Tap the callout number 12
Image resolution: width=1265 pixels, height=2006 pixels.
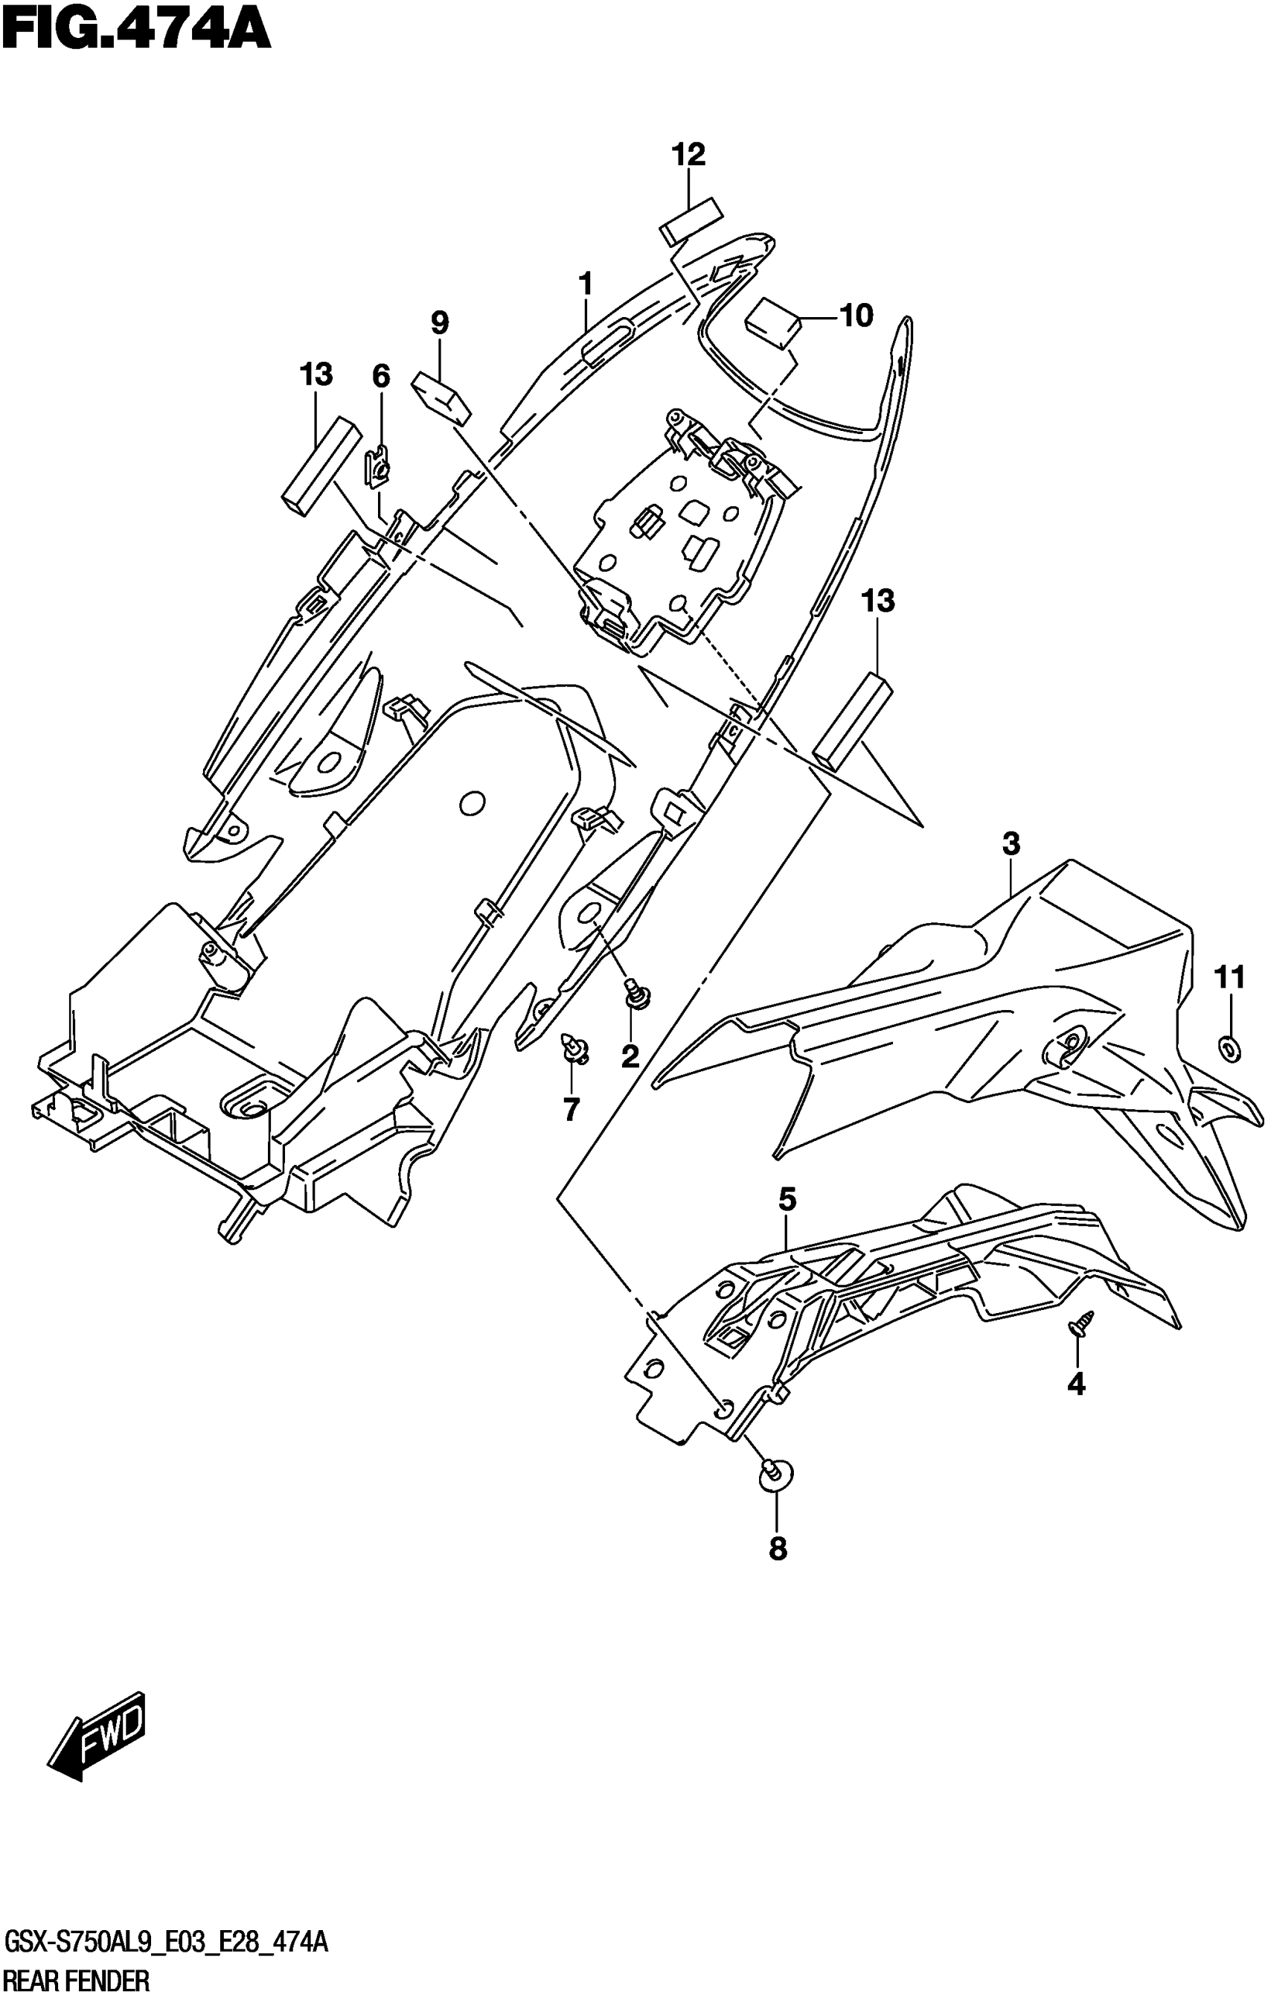(x=689, y=154)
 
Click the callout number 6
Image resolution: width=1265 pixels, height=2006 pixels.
(x=380, y=377)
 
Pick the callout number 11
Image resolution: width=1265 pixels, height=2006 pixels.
(x=1230, y=977)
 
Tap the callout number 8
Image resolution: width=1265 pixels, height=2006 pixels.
(x=777, y=1549)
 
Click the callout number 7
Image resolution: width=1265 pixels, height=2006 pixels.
(x=571, y=1110)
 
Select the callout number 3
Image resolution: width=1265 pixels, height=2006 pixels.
(x=1011, y=845)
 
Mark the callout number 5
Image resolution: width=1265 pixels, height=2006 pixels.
(x=787, y=1201)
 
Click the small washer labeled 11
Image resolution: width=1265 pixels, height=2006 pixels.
(x=1230, y=1049)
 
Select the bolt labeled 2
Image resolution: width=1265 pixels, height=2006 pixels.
(x=638, y=994)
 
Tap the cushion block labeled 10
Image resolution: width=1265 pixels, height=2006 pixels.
(x=772, y=322)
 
